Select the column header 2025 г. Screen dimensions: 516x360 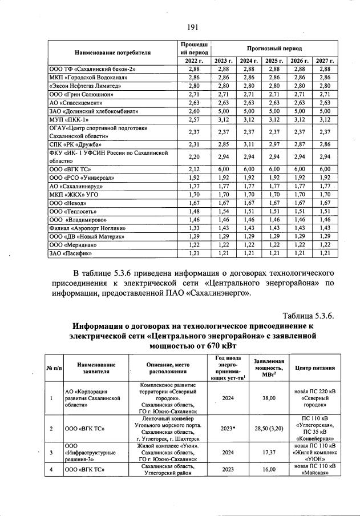coord(274,61)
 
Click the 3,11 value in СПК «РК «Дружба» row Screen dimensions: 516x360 coord(247,144)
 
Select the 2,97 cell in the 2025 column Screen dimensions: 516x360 coord(274,144)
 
